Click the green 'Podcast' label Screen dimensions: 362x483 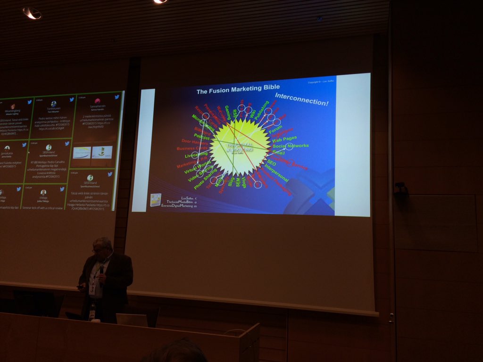201,136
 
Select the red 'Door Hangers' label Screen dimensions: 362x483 195,141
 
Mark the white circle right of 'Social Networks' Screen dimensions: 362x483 289,147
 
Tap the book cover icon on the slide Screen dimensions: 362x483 156,199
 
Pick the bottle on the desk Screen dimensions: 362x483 92,312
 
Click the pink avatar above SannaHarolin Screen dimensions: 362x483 97,101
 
